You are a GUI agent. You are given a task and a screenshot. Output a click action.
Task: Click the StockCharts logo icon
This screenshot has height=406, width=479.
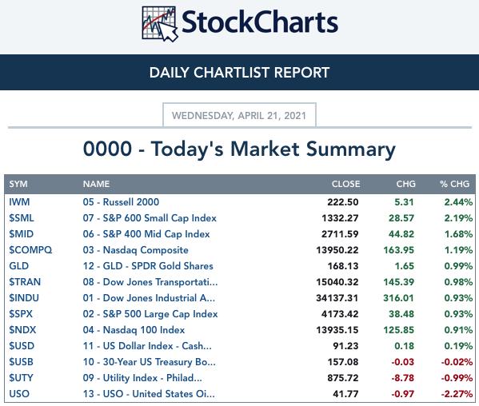[160, 23]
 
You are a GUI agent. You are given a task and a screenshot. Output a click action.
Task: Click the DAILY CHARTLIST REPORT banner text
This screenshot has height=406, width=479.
[240, 73]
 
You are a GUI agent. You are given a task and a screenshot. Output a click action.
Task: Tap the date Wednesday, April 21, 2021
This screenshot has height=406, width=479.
[239, 116]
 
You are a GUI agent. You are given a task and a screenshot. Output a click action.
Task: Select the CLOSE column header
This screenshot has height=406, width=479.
[345, 184]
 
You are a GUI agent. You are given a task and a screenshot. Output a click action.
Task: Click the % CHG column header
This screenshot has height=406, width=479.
[454, 184]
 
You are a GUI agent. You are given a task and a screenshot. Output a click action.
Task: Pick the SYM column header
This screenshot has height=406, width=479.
[18, 184]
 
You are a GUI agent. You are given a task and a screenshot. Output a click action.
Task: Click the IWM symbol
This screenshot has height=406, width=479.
[19, 202]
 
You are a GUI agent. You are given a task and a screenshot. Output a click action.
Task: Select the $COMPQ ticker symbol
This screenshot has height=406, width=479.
[30, 250]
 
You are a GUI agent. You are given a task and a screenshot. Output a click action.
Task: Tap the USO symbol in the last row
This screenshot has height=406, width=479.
[19, 394]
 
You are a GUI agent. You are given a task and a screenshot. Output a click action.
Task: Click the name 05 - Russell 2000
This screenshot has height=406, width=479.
[121, 202]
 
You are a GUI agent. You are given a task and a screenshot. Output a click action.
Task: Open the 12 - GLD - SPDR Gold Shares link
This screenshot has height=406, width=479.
[148, 266]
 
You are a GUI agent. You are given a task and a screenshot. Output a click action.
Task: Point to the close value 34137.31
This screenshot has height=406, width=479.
[337, 298]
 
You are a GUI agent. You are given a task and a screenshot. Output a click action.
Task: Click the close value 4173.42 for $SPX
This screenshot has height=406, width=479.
[340, 314]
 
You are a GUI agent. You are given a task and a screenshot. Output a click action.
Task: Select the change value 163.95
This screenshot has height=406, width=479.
[399, 250]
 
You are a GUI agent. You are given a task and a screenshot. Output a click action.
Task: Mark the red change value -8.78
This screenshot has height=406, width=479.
[402, 378]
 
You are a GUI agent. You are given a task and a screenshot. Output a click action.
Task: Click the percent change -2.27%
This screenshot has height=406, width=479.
[457, 394]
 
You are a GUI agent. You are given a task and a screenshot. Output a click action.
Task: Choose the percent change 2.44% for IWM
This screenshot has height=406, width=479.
[458, 202]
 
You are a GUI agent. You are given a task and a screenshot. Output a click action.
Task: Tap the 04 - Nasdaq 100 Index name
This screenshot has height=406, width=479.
[134, 330]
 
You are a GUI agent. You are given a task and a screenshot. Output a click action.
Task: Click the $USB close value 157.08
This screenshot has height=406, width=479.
[343, 362]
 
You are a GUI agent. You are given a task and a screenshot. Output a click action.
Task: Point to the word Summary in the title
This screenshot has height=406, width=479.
[351, 149]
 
